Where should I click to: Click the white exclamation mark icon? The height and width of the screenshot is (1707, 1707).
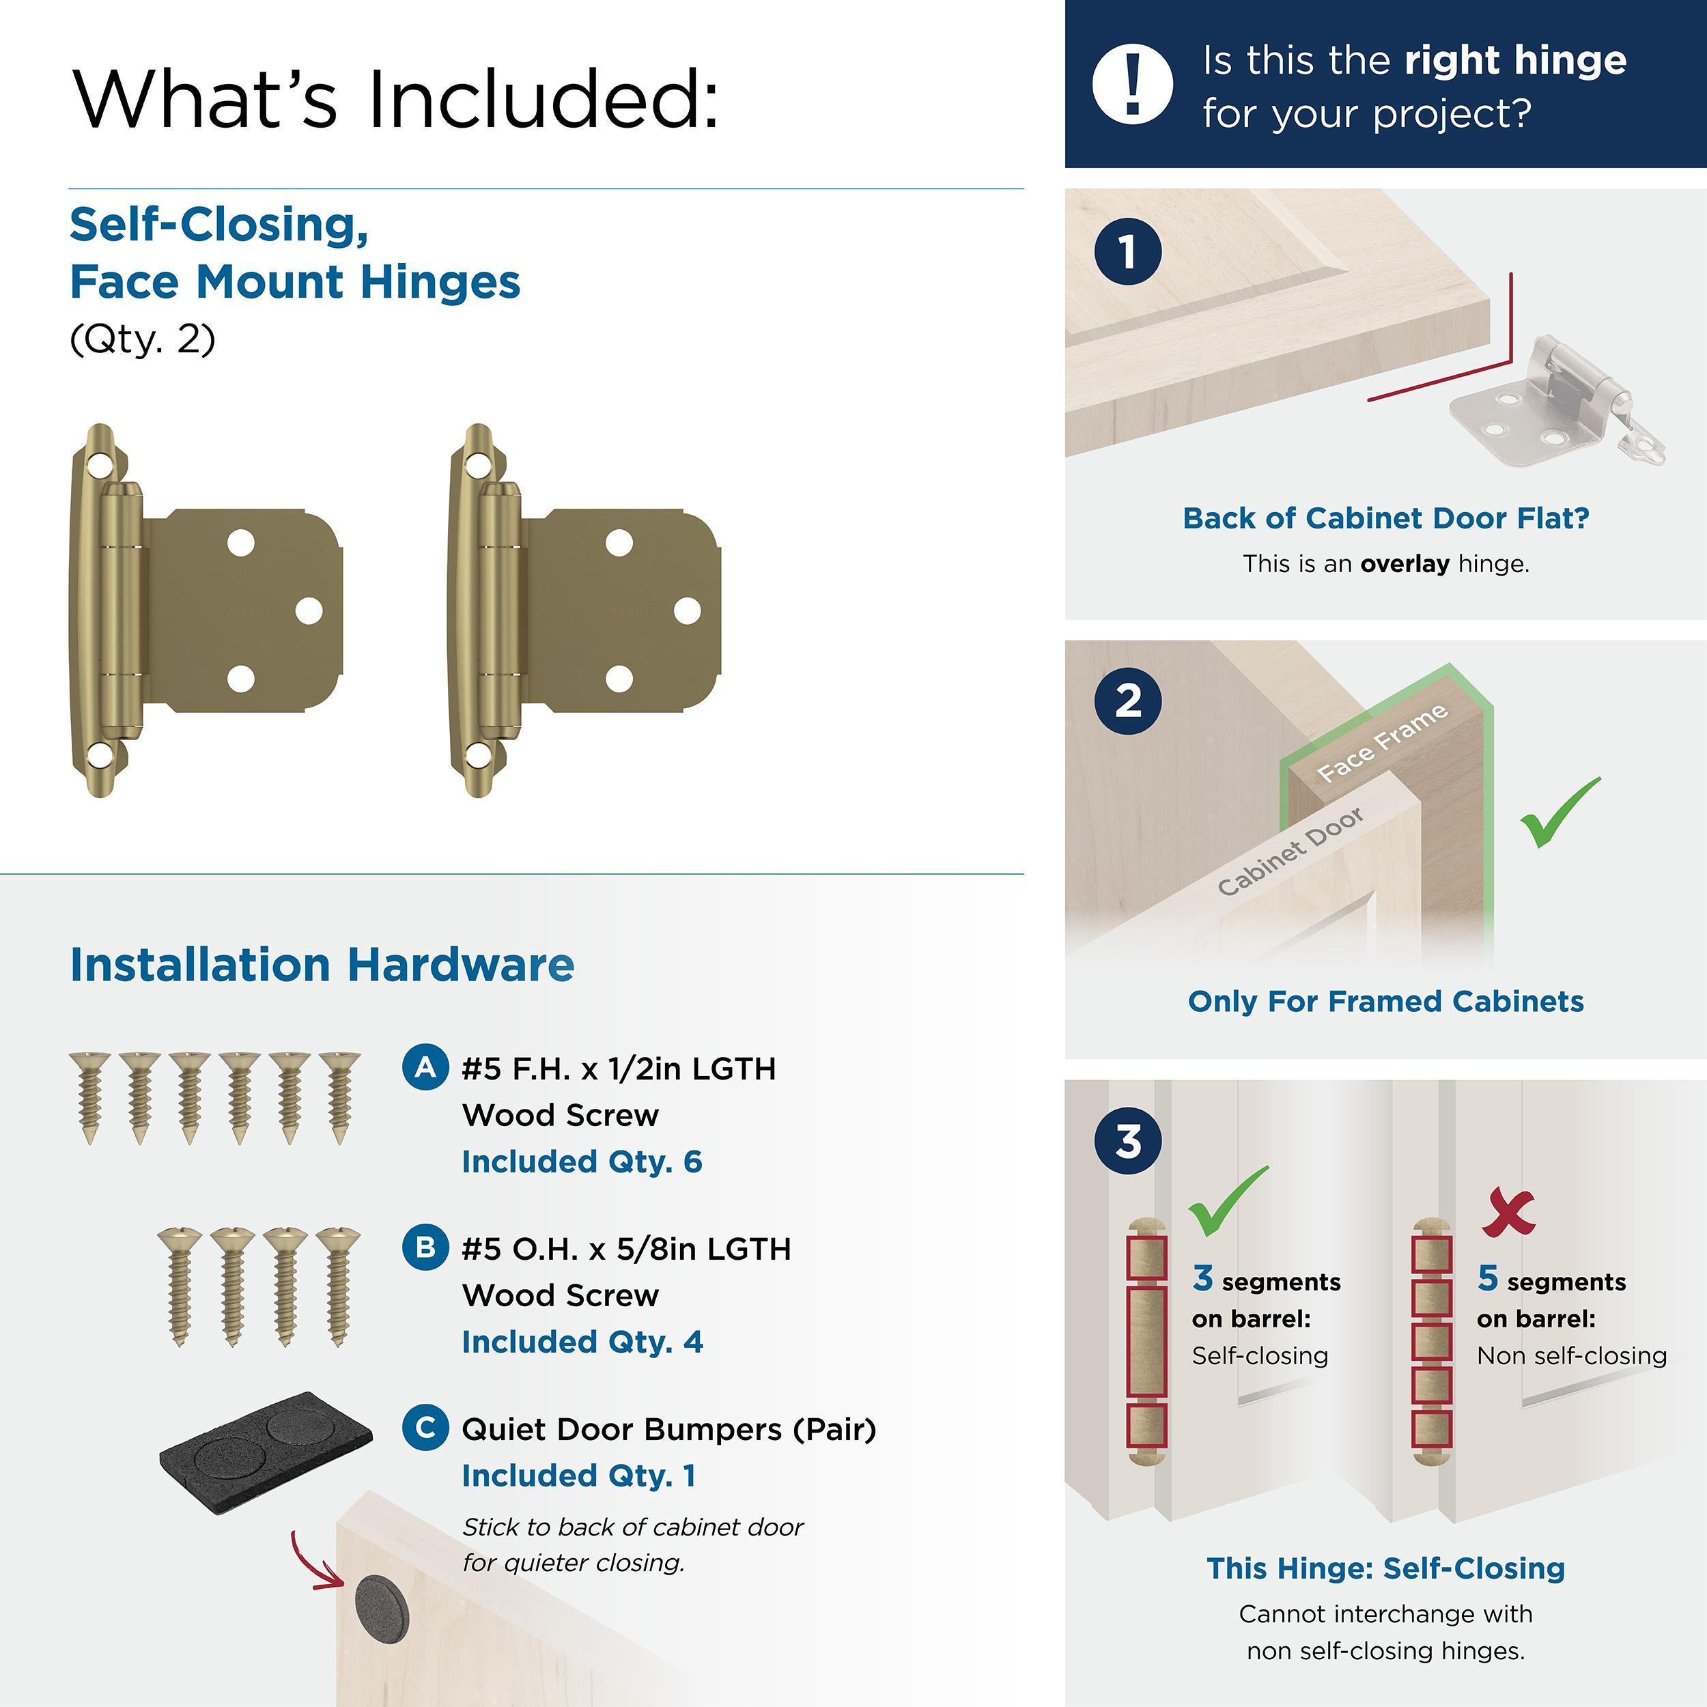1133,83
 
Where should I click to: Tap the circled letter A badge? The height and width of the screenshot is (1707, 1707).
425,1067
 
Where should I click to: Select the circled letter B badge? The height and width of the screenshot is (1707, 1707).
425,1247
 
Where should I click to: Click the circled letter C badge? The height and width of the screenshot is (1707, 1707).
425,1427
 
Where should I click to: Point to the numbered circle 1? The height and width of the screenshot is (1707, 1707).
1127,252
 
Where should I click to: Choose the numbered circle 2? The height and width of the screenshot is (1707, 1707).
1127,701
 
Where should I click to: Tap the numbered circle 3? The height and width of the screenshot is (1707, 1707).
1127,1141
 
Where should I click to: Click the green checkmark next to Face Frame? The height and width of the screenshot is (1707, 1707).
1560,812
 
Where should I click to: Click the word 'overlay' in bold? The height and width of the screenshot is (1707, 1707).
1405,564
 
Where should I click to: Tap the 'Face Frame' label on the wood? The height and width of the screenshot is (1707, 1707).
1382,743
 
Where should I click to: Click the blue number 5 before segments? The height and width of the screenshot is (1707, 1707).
1487,1278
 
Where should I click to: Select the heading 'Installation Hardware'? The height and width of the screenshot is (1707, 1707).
322,964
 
